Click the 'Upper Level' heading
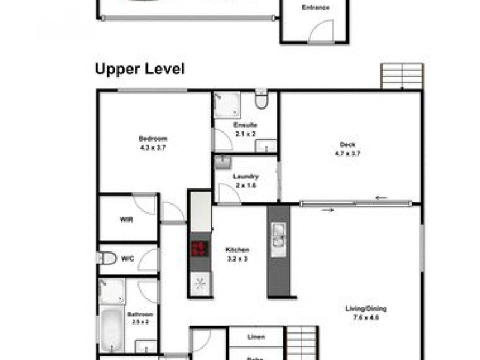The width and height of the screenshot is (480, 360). (x=140, y=69)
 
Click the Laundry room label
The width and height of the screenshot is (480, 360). (x=246, y=176)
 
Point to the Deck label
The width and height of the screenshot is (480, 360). (x=347, y=144)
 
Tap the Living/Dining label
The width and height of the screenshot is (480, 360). (x=366, y=309)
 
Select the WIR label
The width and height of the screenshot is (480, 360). (x=126, y=220)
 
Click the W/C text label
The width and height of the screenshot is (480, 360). (x=127, y=259)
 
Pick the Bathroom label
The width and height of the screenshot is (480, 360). (x=140, y=314)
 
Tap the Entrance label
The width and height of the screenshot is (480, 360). (x=315, y=8)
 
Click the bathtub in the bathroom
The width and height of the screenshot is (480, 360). (x=112, y=329)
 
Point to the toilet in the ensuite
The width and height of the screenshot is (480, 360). (x=261, y=100)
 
